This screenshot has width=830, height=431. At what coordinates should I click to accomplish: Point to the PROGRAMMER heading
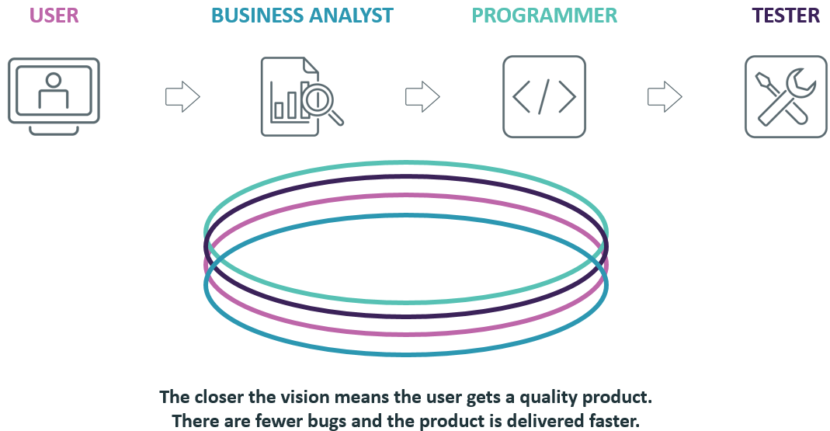(544, 16)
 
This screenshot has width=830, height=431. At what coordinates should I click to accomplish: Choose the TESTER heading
(786, 16)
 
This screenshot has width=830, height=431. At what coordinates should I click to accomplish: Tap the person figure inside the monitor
(54, 90)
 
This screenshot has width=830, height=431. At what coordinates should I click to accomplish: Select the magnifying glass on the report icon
(320, 102)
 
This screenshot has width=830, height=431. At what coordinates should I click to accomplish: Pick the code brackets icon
(543, 96)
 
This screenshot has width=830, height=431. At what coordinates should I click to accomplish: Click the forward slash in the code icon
(543, 96)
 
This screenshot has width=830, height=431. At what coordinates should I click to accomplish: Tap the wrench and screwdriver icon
(786, 96)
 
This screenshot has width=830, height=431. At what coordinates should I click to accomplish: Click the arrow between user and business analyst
(182, 96)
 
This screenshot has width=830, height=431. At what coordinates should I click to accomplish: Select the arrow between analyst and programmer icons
(422, 96)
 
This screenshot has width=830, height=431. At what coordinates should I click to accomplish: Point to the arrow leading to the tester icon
(665, 96)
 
